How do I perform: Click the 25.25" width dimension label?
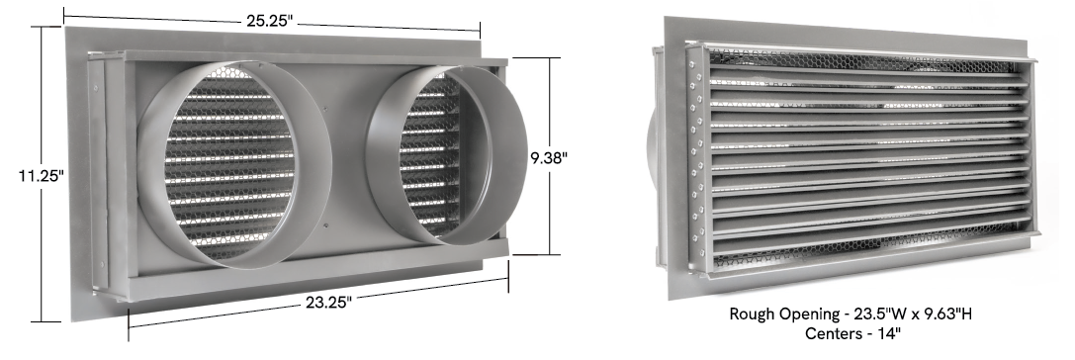269,21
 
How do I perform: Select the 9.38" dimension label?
549,157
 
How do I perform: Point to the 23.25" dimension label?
328,302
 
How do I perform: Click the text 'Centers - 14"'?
852,334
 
